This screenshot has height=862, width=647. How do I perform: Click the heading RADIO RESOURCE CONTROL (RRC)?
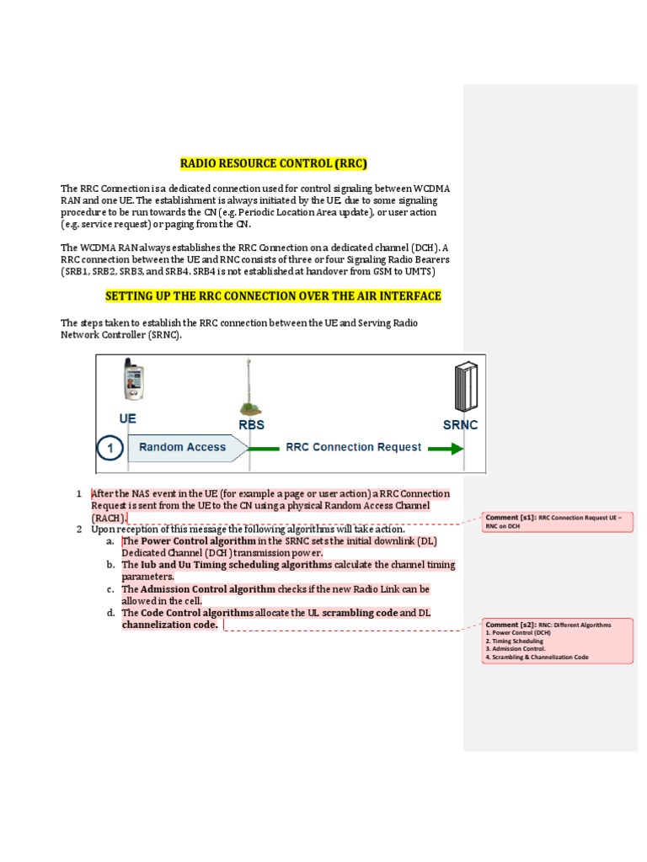click(274, 163)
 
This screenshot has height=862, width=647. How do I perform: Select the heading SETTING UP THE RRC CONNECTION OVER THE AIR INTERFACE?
click(273, 296)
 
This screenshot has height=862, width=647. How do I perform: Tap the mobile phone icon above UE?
click(132, 381)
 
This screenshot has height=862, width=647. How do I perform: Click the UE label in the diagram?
click(127, 418)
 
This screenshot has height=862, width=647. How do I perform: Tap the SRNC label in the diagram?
click(460, 425)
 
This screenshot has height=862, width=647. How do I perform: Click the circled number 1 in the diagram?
click(109, 448)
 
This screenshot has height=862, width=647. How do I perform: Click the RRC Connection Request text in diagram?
click(354, 447)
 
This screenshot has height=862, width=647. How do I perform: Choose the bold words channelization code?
click(169, 625)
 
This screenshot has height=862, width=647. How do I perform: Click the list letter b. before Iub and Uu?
click(110, 565)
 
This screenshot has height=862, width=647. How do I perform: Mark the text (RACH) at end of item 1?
click(109, 518)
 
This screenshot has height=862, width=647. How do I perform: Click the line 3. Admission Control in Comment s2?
click(516, 649)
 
